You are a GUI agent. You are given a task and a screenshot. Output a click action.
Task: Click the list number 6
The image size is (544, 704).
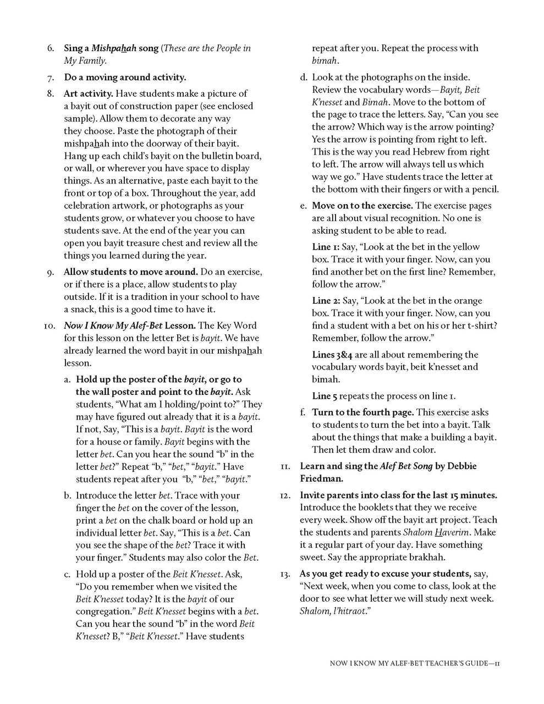(50, 48)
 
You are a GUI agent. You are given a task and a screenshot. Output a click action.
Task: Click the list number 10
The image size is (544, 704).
(48, 326)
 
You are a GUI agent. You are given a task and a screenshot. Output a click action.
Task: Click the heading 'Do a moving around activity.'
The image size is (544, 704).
(125, 77)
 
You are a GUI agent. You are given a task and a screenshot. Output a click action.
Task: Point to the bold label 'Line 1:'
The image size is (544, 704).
(326, 247)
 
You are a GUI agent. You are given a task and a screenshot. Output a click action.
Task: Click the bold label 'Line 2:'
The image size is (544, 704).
(326, 301)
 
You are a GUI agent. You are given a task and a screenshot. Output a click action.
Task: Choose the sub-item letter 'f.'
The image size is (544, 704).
(303, 413)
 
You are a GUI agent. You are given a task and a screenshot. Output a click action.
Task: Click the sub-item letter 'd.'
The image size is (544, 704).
(303, 78)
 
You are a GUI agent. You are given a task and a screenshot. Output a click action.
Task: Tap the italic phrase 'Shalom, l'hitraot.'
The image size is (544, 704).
(333, 612)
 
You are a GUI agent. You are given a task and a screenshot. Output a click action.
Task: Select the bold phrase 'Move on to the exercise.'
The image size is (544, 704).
(362, 206)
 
